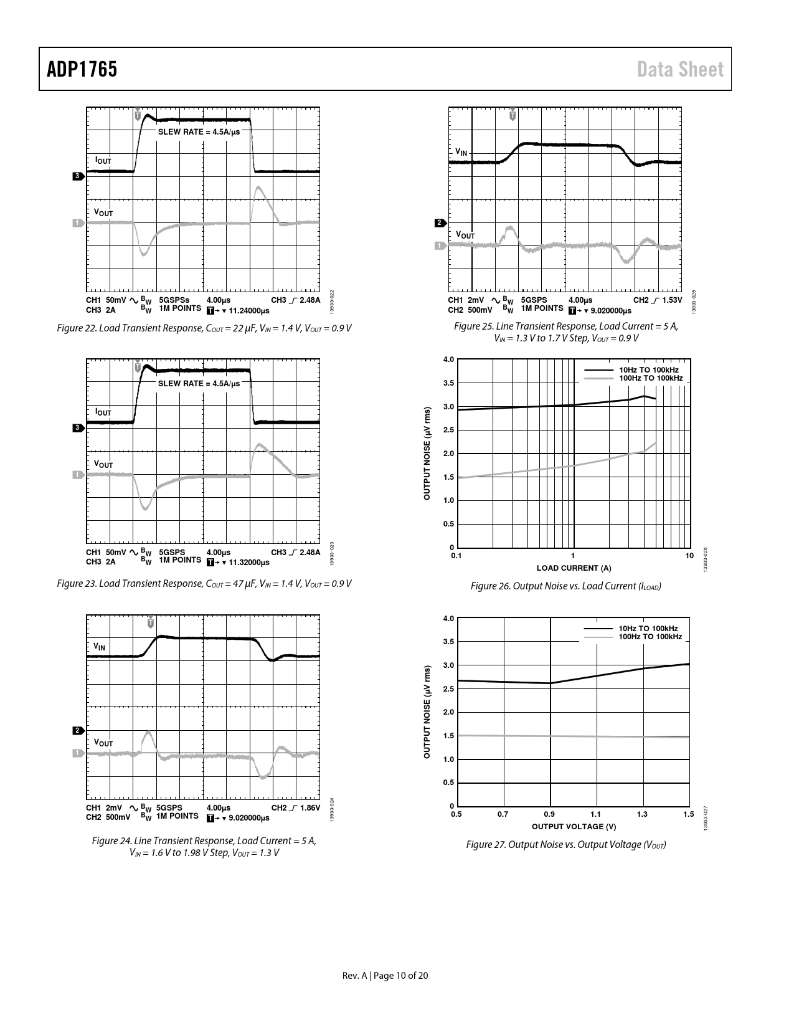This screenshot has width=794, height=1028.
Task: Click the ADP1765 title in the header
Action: point(82,69)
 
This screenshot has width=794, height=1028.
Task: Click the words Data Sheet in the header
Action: point(680,69)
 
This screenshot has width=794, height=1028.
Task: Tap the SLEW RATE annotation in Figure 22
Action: point(199,132)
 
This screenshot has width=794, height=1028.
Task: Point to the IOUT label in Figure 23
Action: point(103,412)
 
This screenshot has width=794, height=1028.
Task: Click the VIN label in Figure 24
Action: point(99,647)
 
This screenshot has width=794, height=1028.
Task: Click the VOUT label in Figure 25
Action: point(465,235)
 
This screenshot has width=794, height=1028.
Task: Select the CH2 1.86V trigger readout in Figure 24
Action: point(295,808)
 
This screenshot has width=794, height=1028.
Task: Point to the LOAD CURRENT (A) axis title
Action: point(574,568)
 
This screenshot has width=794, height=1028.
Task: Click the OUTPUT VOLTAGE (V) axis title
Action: point(574,826)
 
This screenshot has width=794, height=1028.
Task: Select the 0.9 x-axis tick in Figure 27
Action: point(549,814)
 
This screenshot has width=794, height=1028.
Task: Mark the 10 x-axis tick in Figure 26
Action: point(689,555)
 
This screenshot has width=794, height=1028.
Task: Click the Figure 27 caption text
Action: point(565,845)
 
